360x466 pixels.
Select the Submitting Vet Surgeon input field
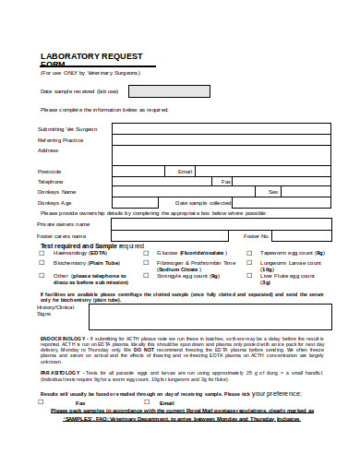click(222, 129)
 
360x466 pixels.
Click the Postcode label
click(49, 171)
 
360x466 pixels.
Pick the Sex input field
click(306, 191)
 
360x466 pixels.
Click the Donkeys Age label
click(54, 202)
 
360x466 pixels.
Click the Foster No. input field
click(306, 236)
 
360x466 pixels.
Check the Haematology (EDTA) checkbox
click(43, 252)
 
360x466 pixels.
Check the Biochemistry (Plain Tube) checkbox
click(43, 263)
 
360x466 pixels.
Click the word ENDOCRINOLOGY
click(62, 339)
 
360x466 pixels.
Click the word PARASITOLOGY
click(60, 371)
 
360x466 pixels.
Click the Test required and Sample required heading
click(91, 245)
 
